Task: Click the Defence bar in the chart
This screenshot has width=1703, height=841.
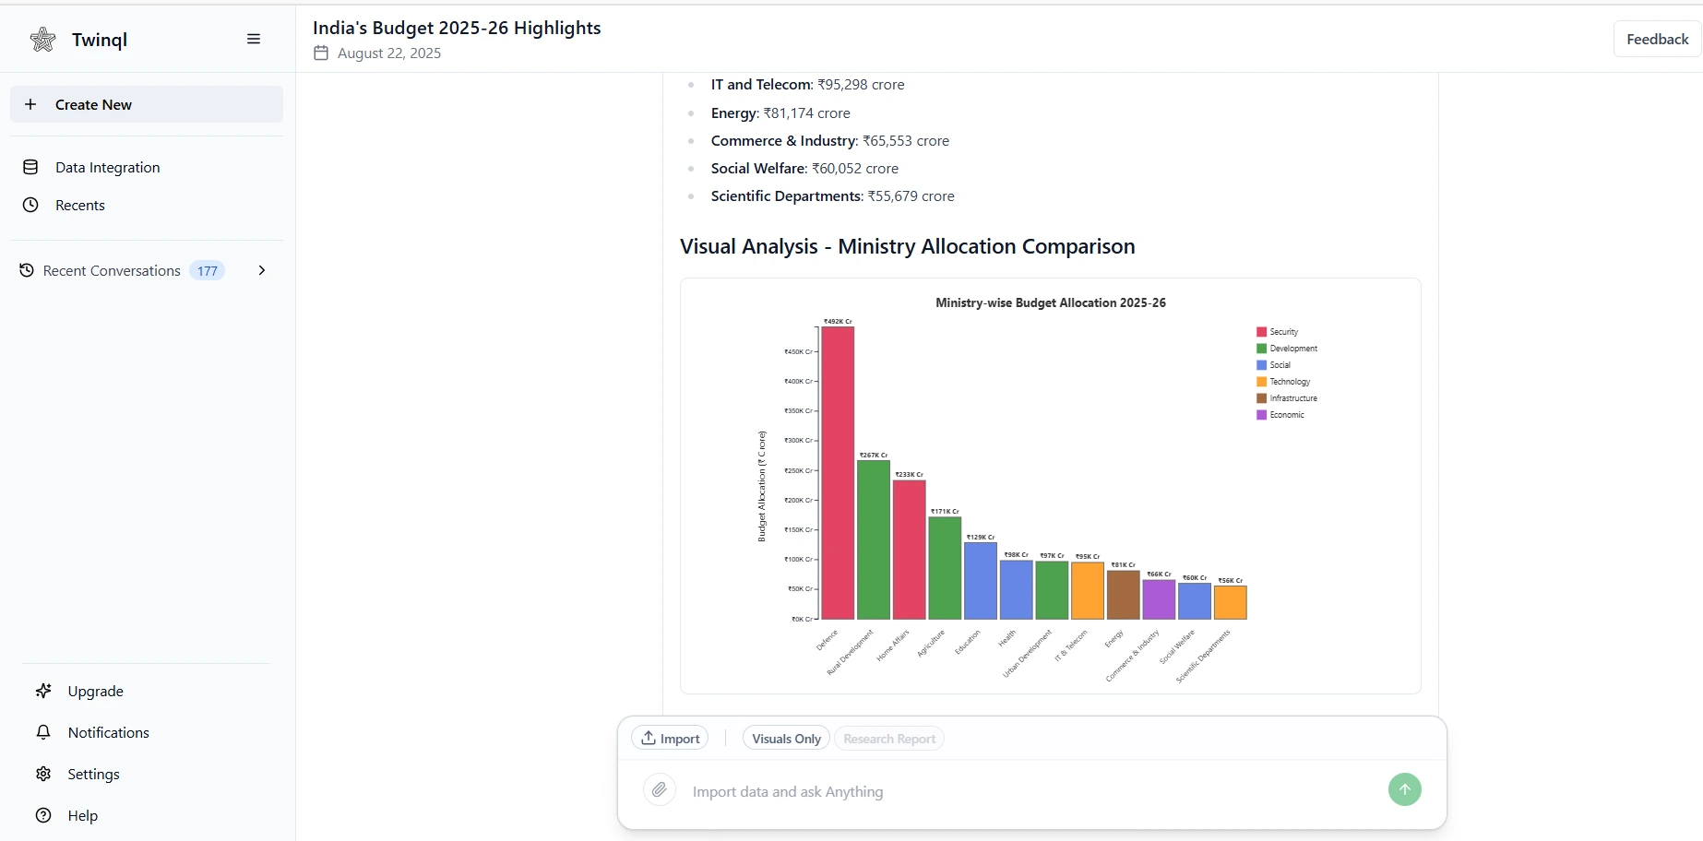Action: (838, 472)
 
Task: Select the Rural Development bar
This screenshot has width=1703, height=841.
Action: (873, 539)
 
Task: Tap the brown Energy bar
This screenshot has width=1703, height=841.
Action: (1123, 595)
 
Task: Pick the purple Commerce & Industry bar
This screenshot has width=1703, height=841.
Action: (1159, 599)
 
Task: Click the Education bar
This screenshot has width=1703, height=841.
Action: (980, 581)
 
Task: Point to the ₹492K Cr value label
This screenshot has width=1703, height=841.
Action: (838, 322)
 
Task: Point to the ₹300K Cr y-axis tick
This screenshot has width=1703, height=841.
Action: (798, 441)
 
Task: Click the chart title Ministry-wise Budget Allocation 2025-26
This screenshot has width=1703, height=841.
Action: (1050, 302)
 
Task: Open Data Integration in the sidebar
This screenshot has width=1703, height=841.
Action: (107, 167)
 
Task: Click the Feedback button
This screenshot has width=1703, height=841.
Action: (1657, 39)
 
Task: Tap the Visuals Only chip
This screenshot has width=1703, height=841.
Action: (786, 739)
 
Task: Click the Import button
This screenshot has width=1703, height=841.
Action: (671, 739)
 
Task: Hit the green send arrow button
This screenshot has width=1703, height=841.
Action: (1404, 789)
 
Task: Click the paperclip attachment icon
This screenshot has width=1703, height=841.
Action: (659, 790)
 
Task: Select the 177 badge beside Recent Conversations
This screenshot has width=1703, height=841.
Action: (208, 270)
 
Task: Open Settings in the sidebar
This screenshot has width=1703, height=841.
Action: (93, 774)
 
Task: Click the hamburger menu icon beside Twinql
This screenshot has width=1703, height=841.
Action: (254, 39)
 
